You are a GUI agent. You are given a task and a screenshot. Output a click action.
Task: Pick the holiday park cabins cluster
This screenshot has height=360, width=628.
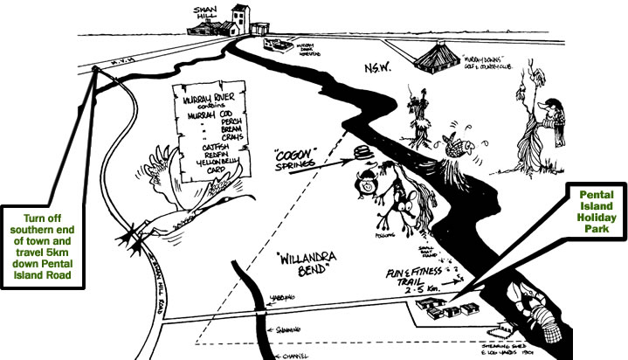pos(445,308)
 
